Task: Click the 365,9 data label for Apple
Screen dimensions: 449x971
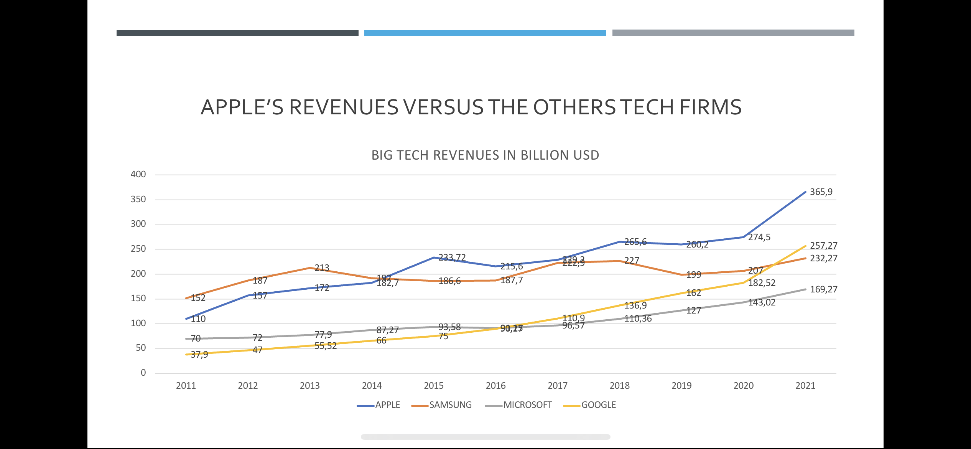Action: (x=821, y=192)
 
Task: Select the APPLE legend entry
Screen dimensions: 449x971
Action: (x=387, y=405)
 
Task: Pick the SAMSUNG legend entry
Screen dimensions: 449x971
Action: (x=450, y=405)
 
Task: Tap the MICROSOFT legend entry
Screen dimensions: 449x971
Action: (x=527, y=405)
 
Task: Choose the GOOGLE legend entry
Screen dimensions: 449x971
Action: (x=598, y=405)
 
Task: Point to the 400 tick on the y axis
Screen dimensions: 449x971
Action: (x=138, y=174)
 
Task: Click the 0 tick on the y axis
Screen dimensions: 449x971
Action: (x=143, y=373)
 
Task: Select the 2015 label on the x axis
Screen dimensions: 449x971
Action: (x=433, y=386)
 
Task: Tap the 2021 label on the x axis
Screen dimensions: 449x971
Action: (x=805, y=386)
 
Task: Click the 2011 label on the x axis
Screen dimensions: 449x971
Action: (x=186, y=386)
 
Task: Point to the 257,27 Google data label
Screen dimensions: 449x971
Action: (x=823, y=246)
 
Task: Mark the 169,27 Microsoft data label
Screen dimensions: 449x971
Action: (x=823, y=289)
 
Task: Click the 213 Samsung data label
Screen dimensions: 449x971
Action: (x=322, y=268)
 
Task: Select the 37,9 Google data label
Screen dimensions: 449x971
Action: (x=199, y=355)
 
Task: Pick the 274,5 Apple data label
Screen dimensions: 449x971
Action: (x=759, y=237)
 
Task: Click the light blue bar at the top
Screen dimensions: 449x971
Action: (x=485, y=33)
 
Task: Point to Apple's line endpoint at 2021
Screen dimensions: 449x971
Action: (x=805, y=192)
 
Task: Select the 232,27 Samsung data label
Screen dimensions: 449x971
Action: (x=823, y=258)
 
